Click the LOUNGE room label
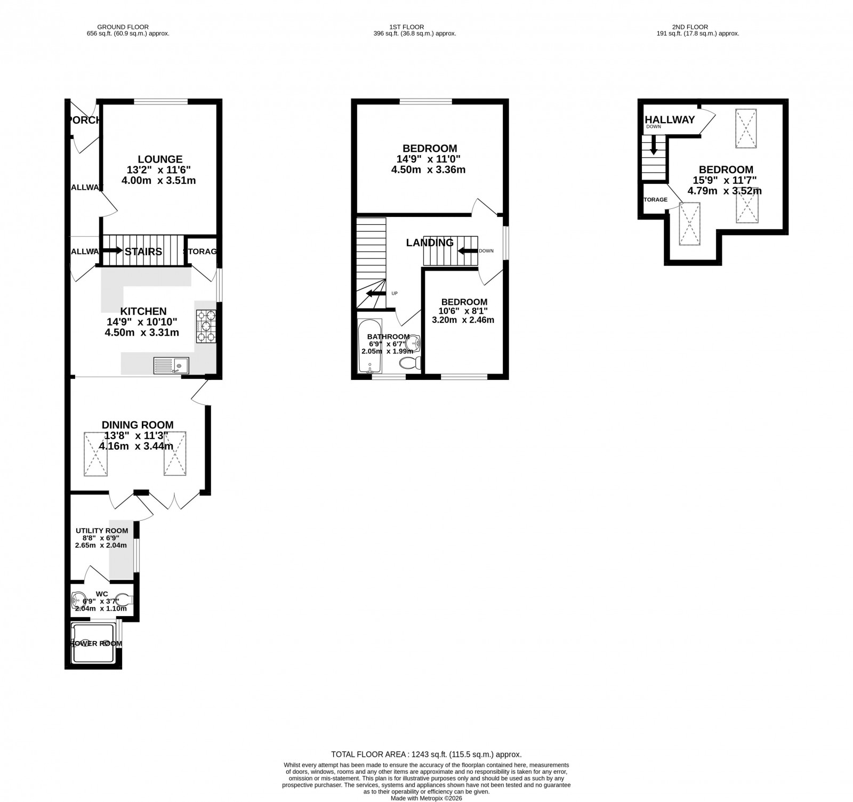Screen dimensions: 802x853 coord(160,159)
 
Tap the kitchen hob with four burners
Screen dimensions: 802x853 coord(206,326)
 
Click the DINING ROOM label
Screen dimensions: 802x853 coord(138,425)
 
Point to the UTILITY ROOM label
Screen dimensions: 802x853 coord(102,530)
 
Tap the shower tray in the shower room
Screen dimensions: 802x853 coord(93,644)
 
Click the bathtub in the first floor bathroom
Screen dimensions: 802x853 coord(369,346)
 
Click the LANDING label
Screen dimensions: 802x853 coord(430,242)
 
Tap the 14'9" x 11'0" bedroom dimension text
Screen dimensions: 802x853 coord(429,159)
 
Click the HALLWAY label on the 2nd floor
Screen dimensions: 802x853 coord(670,119)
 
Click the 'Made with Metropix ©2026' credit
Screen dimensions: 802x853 coord(426,798)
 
